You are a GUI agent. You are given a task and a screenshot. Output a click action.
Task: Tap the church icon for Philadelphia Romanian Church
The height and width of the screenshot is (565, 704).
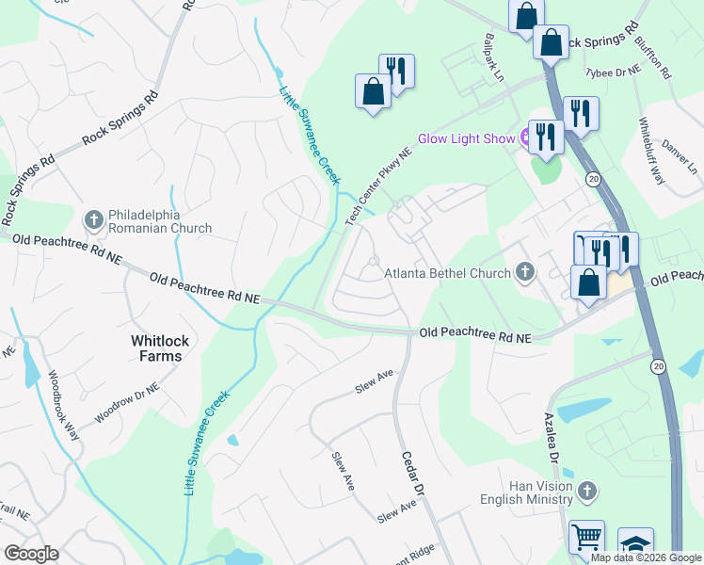[93, 220]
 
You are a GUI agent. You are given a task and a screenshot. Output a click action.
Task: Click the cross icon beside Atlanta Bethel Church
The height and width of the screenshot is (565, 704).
[525, 273]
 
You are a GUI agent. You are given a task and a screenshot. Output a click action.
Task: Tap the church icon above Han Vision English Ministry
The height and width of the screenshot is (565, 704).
[587, 491]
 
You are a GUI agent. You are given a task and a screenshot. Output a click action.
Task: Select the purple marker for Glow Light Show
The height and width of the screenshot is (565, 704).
[526, 138]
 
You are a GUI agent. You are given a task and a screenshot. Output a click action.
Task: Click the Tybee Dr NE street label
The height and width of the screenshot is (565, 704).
[612, 72]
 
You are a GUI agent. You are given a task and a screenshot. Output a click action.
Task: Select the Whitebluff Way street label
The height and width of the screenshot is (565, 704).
[651, 152]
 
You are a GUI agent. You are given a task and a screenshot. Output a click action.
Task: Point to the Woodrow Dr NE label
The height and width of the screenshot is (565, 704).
[127, 403]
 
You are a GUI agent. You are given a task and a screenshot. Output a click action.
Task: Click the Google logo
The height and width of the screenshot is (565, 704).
[31, 554]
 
